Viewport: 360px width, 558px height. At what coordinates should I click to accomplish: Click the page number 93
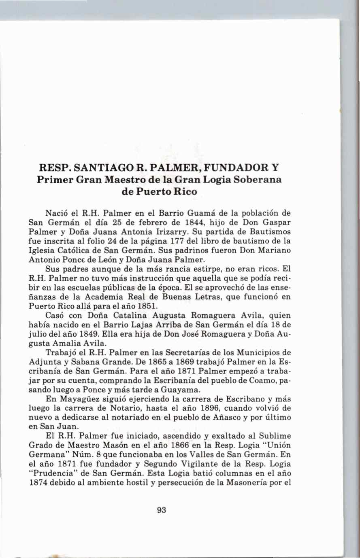(x=162, y=510)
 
